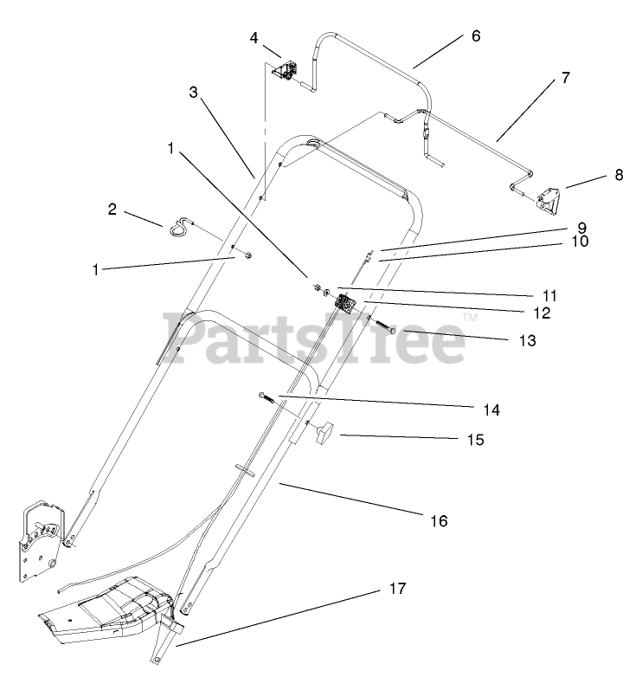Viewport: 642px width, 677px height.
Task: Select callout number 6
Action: coord(476,36)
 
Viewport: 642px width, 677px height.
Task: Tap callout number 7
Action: coord(564,78)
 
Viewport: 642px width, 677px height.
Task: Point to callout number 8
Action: coord(618,174)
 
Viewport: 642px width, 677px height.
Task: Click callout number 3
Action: coord(194,93)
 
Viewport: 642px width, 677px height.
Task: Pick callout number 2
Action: coord(112,209)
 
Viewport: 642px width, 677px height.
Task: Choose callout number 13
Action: coord(528,340)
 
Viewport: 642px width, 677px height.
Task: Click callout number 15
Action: coord(475,439)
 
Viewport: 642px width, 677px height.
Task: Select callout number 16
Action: coord(439,520)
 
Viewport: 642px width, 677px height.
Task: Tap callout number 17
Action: coord(397,589)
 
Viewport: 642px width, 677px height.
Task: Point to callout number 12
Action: coord(542,313)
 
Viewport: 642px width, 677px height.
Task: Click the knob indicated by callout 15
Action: coord(327,432)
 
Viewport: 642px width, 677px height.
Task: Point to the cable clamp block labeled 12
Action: coord(346,305)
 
